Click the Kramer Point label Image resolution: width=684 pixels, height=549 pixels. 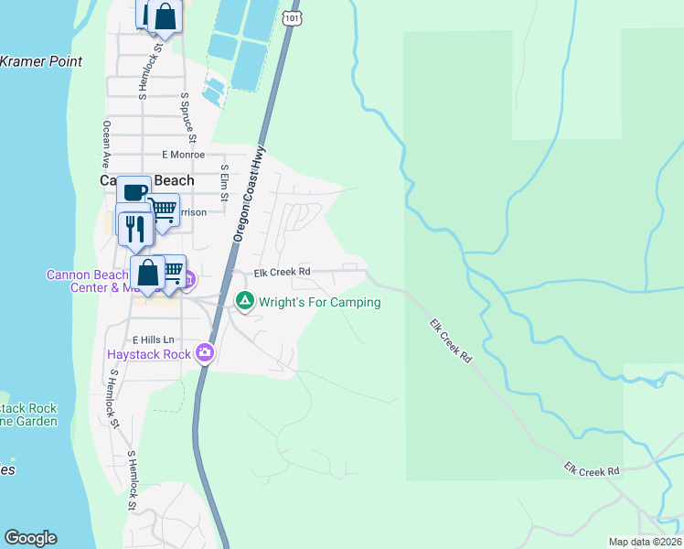click(x=41, y=61)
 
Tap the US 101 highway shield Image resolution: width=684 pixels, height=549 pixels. click(x=290, y=18)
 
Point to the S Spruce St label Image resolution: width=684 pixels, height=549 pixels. click(x=188, y=118)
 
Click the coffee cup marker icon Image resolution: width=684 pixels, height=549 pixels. click(x=134, y=192)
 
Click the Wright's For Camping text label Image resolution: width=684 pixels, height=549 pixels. click(x=319, y=301)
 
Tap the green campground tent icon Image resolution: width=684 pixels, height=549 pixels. click(x=244, y=300)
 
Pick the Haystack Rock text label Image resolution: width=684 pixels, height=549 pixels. click(x=148, y=354)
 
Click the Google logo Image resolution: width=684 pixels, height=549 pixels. click(x=30, y=538)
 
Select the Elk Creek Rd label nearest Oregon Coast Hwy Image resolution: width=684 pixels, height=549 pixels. click(x=283, y=272)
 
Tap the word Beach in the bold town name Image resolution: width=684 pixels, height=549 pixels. click(x=174, y=180)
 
